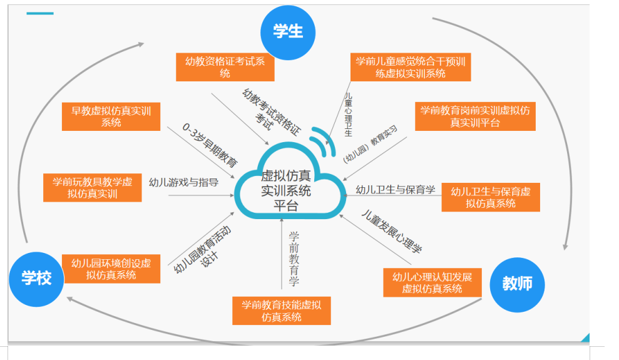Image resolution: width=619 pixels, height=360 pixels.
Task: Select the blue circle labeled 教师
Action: coord(517,284)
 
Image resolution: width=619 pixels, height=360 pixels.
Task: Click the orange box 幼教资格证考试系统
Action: coord(225,67)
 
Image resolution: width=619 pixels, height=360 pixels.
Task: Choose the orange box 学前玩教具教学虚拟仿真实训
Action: coord(93,188)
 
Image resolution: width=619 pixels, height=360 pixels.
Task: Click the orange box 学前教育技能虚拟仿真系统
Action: coord(282,311)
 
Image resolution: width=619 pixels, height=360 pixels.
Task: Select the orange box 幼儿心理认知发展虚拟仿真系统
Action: coord(432,282)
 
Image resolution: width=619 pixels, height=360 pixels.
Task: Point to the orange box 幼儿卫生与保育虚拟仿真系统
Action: coord(491,197)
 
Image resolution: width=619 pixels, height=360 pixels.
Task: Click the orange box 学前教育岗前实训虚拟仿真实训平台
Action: coord(475,116)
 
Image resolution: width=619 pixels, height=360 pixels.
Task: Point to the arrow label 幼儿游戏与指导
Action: coord(183,182)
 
